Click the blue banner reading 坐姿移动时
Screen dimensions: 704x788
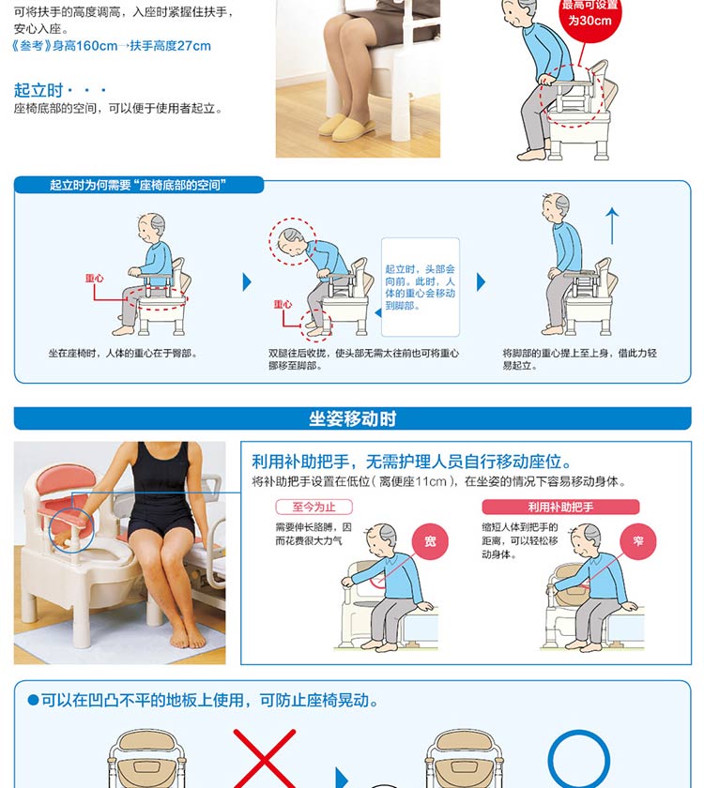click(x=353, y=418)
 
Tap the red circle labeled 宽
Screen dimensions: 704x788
click(x=430, y=541)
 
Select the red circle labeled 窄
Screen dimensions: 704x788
click(x=638, y=541)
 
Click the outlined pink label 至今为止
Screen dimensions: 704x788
click(x=314, y=507)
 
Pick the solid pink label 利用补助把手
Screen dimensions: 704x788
click(x=560, y=507)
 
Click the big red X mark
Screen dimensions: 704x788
click(x=265, y=759)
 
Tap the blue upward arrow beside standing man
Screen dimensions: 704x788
click(x=612, y=226)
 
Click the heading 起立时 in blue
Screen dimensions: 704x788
click(x=38, y=90)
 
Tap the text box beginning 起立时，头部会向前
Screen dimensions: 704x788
click(x=421, y=287)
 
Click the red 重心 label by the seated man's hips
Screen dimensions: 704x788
click(x=94, y=278)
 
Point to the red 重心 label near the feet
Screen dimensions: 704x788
click(x=283, y=304)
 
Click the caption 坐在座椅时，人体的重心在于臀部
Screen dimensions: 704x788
click(x=123, y=354)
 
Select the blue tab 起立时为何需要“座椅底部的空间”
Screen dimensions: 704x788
click(x=138, y=185)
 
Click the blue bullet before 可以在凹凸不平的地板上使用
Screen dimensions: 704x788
click(x=33, y=700)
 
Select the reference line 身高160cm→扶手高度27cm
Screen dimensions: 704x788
click(x=112, y=46)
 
